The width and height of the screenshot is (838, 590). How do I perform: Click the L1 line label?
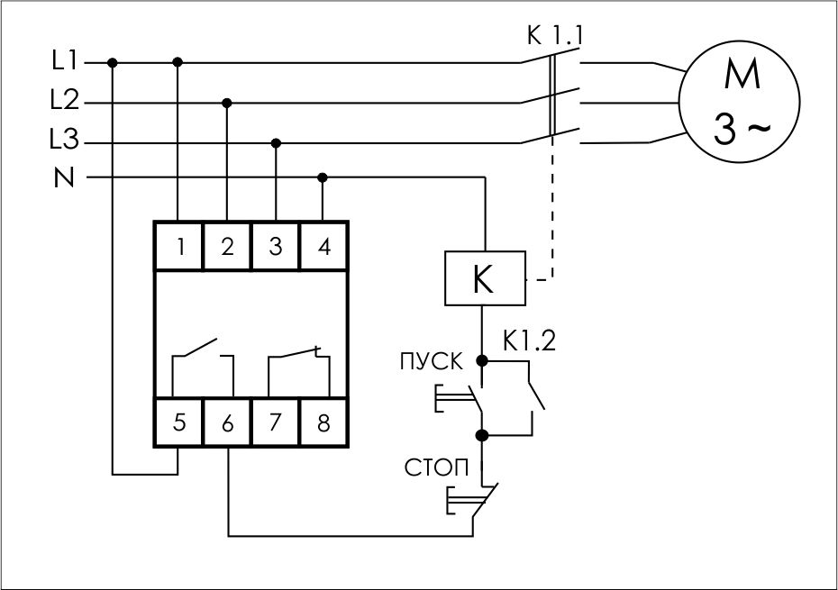pos(66,62)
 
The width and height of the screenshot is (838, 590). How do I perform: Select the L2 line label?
pos(66,102)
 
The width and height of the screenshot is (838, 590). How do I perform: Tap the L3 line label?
pos(66,141)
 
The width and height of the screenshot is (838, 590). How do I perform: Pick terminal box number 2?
pos(227,246)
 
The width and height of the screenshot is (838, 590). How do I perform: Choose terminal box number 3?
pos(276,246)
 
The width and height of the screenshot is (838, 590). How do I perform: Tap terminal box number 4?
pos(323,246)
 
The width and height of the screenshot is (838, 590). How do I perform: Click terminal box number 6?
pos(227,422)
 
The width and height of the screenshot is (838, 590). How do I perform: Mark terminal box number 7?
pos(276,422)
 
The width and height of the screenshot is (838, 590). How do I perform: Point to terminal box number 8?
pos(323,422)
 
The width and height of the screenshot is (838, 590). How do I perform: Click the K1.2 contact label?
pos(529,341)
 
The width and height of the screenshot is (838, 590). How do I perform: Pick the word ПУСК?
pos(431,363)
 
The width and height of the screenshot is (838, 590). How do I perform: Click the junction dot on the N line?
pos(323,177)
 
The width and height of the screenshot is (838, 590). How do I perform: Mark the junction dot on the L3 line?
pos(276,142)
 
